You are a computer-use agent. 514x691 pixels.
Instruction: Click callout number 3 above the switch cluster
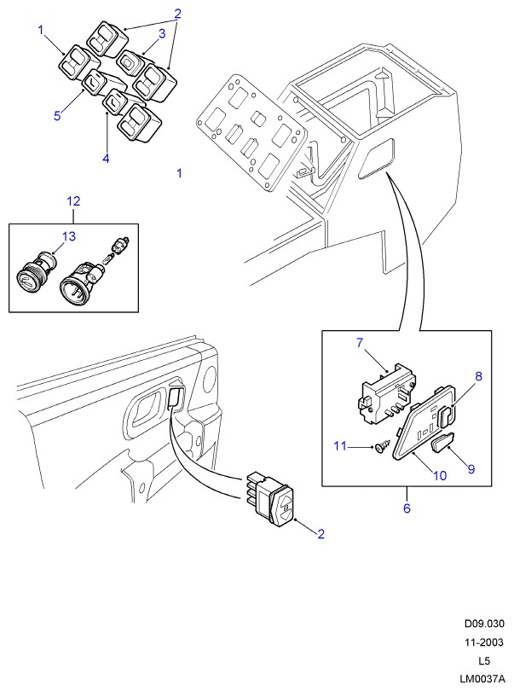pyautogui.click(x=160, y=33)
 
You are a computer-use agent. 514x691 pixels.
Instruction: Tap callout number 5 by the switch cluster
pyautogui.click(x=57, y=115)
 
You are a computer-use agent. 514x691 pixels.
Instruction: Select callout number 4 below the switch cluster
pyautogui.click(x=106, y=158)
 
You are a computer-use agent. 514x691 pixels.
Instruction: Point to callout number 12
pyautogui.click(x=73, y=201)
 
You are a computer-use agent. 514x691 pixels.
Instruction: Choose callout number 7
pyautogui.click(x=360, y=343)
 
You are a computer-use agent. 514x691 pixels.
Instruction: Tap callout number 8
pyautogui.click(x=478, y=375)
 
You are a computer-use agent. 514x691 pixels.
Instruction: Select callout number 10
pyautogui.click(x=441, y=476)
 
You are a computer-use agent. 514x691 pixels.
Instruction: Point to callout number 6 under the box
pyautogui.click(x=407, y=508)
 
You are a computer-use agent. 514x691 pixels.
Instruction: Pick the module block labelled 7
pyautogui.click(x=384, y=393)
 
